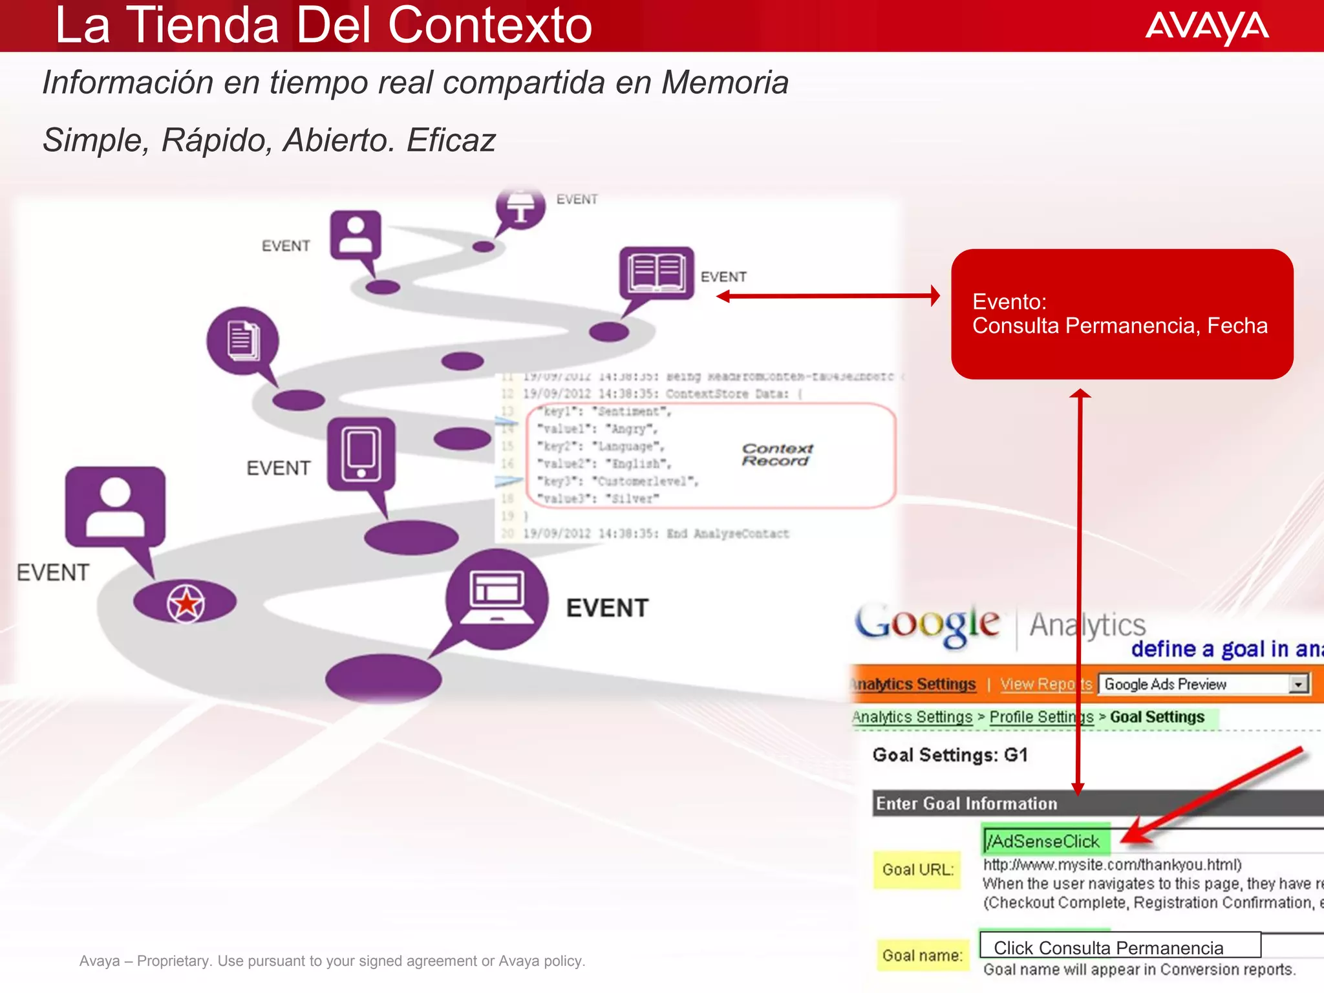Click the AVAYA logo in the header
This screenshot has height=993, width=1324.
coord(1206,27)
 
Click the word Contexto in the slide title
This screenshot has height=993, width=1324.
coord(489,26)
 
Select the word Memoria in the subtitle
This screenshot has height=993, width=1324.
coord(725,83)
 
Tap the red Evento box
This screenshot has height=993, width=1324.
coord(1122,314)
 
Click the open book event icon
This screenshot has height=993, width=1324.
coord(656,272)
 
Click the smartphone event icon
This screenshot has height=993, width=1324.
coord(361,454)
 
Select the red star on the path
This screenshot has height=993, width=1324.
coord(186,603)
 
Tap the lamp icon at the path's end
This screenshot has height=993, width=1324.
coord(520,208)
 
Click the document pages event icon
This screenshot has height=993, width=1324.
coord(242,340)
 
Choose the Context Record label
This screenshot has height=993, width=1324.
coord(776,454)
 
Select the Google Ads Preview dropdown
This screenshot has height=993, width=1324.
coord(1203,684)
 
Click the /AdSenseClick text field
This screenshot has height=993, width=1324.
coord(1045,841)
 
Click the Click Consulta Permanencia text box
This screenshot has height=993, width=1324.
coord(1120,947)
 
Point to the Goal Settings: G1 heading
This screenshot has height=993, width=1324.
coord(950,755)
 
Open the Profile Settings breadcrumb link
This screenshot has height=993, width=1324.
coord(1041,717)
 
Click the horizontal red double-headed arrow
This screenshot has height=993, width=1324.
coord(828,296)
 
